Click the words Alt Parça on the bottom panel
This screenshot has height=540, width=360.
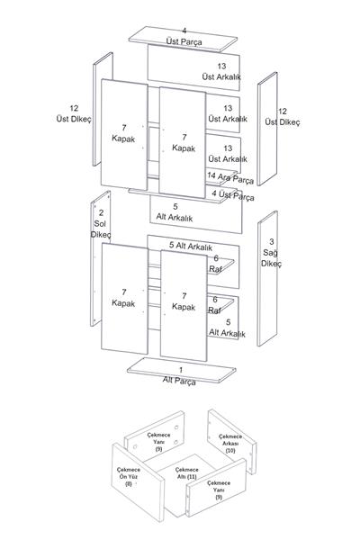pos(179,381)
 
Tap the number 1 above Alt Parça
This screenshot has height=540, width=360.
pos(181,370)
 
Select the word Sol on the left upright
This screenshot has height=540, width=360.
pos(100,223)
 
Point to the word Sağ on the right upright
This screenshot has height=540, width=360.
pos(270,253)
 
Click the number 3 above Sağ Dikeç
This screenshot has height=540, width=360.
pos(272,241)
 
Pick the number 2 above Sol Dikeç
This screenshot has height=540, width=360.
pos(101,212)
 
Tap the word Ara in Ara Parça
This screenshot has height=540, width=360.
pos(223,177)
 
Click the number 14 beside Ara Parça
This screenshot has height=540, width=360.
pos(211,175)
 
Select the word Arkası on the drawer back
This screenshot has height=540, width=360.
pos(229,443)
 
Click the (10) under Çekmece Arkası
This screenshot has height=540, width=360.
pos(230,450)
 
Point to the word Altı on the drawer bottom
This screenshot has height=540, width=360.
pos(182,477)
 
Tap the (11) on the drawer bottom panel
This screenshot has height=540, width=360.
pos(192,477)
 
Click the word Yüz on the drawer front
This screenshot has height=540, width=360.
pos(133,477)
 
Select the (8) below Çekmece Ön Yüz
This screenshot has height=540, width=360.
pos(129,483)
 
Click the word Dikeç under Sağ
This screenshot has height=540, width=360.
pos(271,264)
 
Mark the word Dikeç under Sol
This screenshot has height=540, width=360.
pos(101,235)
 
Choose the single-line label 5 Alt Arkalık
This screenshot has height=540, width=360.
pos(191,246)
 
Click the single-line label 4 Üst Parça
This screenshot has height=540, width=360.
pos(233,195)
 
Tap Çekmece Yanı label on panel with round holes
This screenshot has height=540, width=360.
pos(158,438)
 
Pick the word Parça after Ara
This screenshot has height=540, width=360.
pos(242,180)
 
